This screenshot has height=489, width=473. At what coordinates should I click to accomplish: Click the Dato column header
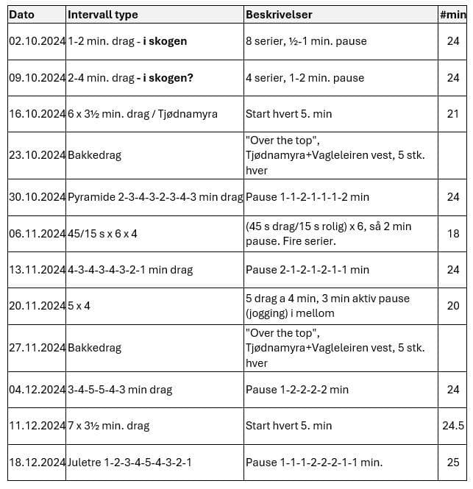click(21, 15)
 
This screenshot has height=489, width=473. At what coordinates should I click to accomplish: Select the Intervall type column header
click(102, 15)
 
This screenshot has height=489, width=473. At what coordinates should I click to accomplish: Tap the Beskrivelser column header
click(279, 15)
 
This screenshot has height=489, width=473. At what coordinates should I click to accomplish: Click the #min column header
click(452, 15)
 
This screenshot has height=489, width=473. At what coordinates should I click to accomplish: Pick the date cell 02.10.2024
click(38, 41)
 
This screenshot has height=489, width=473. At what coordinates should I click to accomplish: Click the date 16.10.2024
click(38, 114)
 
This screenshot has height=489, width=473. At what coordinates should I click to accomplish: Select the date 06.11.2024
click(38, 234)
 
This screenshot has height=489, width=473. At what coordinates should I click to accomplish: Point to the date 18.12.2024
click(38, 463)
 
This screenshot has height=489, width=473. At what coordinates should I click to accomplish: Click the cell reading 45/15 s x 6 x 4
click(103, 234)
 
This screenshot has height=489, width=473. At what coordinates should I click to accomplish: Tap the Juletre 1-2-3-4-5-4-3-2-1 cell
click(130, 463)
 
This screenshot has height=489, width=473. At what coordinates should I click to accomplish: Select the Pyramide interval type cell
click(155, 197)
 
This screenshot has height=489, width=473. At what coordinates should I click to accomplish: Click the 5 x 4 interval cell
click(79, 306)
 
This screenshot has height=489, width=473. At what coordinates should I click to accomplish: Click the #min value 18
click(453, 234)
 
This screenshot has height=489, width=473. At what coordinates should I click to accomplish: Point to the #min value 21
click(453, 114)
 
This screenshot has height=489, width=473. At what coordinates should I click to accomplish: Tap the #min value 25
click(453, 463)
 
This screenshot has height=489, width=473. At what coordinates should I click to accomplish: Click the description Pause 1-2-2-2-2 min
click(297, 390)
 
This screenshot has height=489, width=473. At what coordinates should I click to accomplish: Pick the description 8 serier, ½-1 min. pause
click(306, 41)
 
